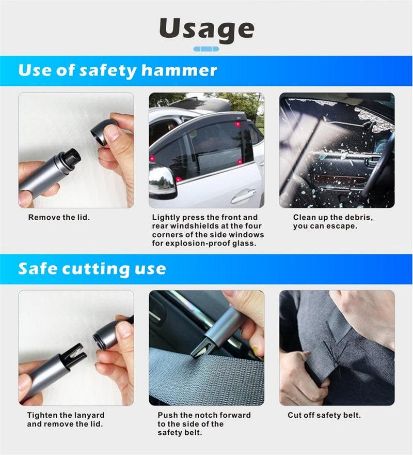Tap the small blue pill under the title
(206, 49)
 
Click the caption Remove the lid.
(59, 218)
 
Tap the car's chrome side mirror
(162, 179)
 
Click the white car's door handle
(243, 196)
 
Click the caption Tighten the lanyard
(66, 415)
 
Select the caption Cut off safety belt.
(324, 415)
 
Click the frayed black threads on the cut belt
(336, 344)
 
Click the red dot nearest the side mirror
(178, 179)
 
